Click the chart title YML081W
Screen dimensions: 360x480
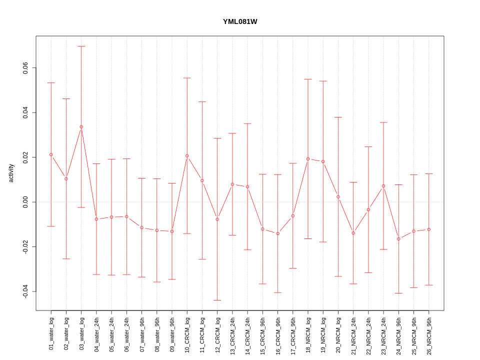coord(240,21)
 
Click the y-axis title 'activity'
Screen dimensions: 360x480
coord(11,173)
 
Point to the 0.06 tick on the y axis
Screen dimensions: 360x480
coord(25,68)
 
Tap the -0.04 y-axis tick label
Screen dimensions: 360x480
coord(25,291)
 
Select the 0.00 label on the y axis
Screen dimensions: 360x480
coord(25,202)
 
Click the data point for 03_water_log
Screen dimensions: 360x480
coord(81,127)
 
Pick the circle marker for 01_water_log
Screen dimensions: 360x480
coord(51,154)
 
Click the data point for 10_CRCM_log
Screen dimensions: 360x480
coord(187,156)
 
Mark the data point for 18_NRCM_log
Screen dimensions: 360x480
coord(308,159)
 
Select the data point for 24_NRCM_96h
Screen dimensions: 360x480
coord(398,239)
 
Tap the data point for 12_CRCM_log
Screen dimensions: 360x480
coord(217,219)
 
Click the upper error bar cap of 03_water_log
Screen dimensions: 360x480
coord(81,46)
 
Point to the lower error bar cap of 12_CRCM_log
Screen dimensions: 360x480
coord(217,300)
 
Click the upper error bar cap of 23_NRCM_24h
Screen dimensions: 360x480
coord(383,122)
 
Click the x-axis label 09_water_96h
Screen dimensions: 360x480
coord(172,334)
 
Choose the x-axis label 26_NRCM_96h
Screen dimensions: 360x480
coord(429,333)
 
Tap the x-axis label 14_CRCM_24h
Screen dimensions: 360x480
coord(247,333)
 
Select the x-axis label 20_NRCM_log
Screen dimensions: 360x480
coord(338,333)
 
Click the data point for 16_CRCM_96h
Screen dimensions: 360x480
coord(278,233)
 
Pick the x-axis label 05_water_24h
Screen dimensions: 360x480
coord(111,334)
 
